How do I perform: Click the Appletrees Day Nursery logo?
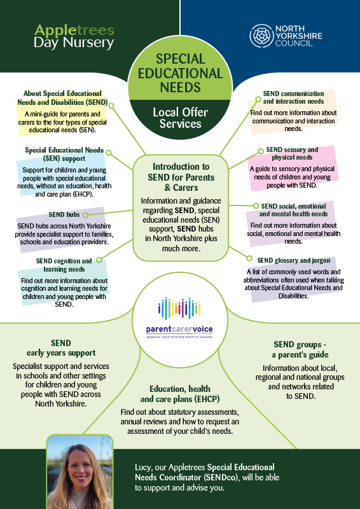pyautogui.click(x=74, y=36)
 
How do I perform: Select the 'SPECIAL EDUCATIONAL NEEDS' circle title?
pyautogui.click(x=180, y=73)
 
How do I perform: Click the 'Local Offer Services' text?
pyautogui.click(x=180, y=118)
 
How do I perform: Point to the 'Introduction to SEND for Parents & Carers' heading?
pyautogui.click(x=181, y=178)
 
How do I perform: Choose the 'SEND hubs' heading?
pyautogui.click(x=64, y=214)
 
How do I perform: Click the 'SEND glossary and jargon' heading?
pyautogui.click(x=293, y=260)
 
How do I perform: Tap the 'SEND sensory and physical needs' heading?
pyautogui.click(x=292, y=153)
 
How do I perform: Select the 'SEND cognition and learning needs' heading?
pyautogui.click(x=64, y=265)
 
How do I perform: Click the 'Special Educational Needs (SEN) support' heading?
pyautogui.click(x=64, y=154)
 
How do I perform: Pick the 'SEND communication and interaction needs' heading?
pyautogui.click(x=293, y=97)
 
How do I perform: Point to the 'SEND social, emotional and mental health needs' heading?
pyautogui.click(x=293, y=210)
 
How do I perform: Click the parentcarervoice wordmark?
pyautogui.click(x=179, y=330)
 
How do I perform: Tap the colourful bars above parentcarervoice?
pyautogui.click(x=179, y=308)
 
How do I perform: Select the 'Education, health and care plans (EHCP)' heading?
pyautogui.click(x=180, y=393)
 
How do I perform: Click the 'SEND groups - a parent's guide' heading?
pyautogui.click(x=300, y=349)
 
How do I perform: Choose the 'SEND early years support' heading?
pyautogui.click(x=61, y=347)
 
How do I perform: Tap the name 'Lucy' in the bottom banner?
pyautogui.click(x=143, y=468)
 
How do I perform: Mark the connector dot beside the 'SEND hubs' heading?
pyautogui.click(x=85, y=214)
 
